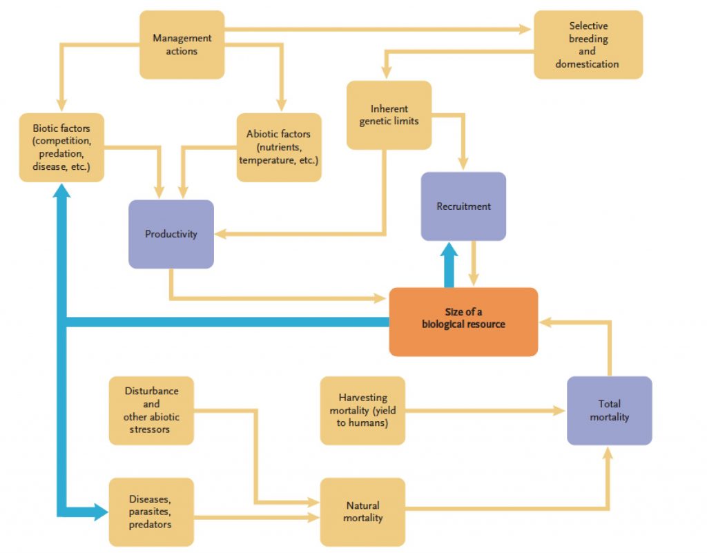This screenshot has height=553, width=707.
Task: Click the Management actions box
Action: click(182, 44)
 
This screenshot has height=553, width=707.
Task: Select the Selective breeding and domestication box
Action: click(588, 44)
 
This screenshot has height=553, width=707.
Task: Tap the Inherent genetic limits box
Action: click(389, 115)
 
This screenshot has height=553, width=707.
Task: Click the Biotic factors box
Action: click(61, 147)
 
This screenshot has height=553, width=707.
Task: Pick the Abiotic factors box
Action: click(278, 147)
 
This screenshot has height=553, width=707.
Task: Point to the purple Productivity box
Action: click(171, 234)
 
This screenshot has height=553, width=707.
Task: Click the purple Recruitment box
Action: click(463, 206)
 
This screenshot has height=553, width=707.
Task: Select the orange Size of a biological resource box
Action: click(463, 322)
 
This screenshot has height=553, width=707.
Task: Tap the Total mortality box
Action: click(609, 410)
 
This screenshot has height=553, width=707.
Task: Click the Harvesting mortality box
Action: click(362, 410)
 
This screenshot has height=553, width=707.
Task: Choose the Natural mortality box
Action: click(362, 512)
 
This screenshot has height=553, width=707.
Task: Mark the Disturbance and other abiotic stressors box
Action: click(151, 410)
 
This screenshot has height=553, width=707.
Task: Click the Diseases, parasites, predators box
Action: click(151, 512)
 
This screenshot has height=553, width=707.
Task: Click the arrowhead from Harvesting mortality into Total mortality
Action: click(559, 411)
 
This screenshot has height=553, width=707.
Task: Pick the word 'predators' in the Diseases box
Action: click(151, 525)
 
